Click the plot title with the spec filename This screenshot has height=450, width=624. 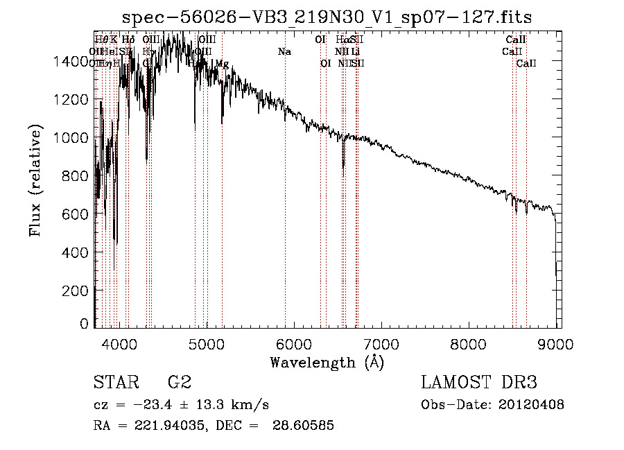327,17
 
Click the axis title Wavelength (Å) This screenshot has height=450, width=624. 327,362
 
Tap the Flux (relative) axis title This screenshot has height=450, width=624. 35,181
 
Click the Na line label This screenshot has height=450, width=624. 284,52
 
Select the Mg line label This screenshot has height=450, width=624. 222,64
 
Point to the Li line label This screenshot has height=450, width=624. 355,52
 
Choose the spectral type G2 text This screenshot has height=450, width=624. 180,383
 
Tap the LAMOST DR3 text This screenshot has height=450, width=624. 479,383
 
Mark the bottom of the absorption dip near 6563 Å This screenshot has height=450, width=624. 343,167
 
